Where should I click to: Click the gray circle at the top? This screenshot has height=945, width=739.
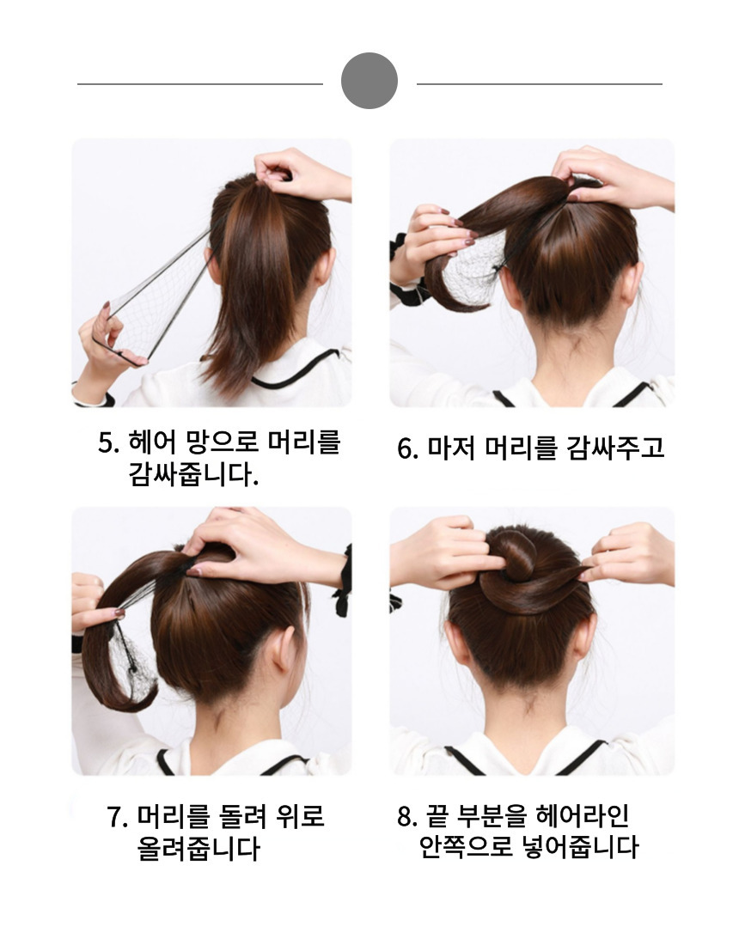(x=369, y=81)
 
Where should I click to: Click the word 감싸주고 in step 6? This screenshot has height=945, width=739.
(x=614, y=448)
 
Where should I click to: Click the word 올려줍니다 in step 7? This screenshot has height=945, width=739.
(x=198, y=848)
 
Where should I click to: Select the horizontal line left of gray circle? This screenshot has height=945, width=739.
(x=200, y=84)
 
